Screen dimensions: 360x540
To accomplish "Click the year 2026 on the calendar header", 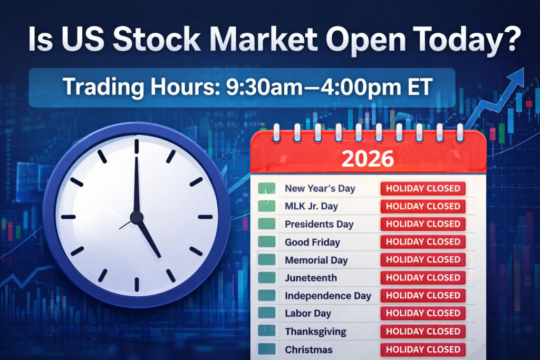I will point(368,158).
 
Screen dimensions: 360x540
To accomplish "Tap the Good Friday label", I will point(312,242).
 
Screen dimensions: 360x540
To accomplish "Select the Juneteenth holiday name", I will point(311,278).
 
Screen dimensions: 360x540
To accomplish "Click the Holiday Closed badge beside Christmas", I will point(423,349).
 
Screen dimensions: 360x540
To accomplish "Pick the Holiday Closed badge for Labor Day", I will point(423,314).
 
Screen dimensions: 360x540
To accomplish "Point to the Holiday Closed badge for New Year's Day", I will point(423,188).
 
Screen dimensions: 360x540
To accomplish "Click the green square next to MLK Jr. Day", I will point(267,206).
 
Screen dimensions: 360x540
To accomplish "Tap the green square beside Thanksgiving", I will point(267,332).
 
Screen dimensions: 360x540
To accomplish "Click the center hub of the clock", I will point(137,217).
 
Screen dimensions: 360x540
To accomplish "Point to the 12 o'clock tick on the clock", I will point(137,146).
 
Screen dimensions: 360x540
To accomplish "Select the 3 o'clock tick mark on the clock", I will point(205,217).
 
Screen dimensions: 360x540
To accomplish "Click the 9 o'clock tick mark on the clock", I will point(68,217).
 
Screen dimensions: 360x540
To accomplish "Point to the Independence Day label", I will point(328,296).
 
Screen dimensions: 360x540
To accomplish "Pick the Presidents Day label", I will point(319,224).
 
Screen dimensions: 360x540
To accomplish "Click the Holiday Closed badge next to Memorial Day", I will point(423,260).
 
